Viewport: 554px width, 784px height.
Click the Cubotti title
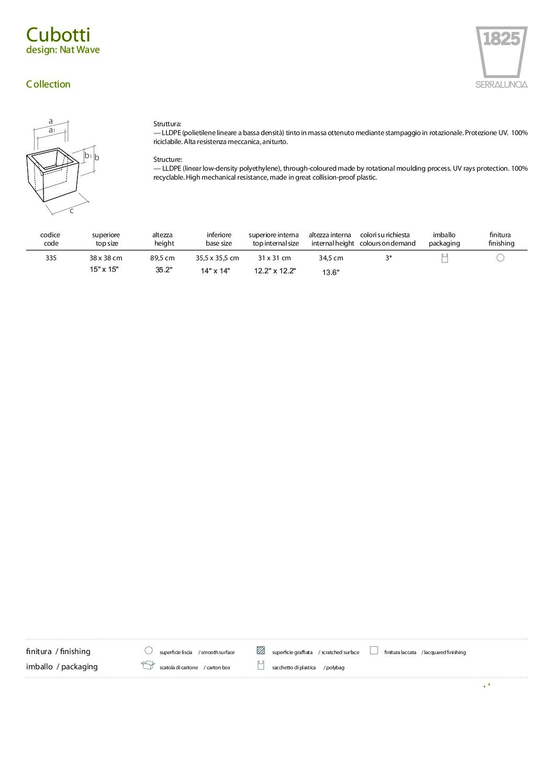point(58,35)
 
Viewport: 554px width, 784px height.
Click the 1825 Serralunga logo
point(501,57)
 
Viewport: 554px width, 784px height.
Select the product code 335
point(51,258)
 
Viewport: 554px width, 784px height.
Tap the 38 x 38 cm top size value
point(106,258)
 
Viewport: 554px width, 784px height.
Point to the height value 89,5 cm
point(162,258)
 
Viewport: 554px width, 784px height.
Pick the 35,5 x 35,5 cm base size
point(217,258)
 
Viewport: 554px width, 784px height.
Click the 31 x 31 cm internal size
point(274,258)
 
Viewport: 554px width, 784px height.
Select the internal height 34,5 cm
point(331,258)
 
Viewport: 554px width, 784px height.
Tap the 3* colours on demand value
point(389,258)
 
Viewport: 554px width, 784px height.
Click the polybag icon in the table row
point(445,258)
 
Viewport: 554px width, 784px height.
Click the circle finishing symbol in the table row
point(500,258)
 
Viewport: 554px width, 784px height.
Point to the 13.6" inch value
point(331,272)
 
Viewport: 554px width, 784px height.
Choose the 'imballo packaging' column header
point(444,239)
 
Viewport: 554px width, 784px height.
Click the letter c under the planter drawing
point(72,211)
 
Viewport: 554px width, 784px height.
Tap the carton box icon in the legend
point(148,666)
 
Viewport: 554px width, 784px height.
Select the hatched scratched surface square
point(261,651)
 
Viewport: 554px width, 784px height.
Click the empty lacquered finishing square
point(374,650)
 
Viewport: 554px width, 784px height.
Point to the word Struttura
point(167,124)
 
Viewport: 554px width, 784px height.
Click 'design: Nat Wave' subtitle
point(63,50)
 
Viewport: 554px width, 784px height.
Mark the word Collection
point(48,84)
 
